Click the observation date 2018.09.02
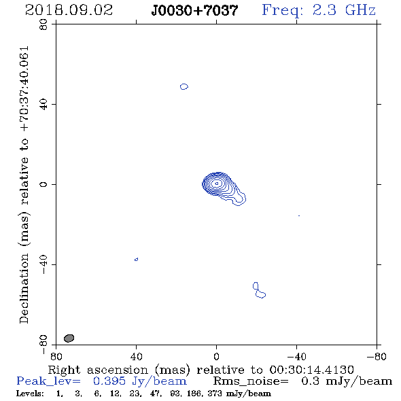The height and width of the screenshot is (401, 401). coord(69,10)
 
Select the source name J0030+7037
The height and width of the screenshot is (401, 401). coord(195,10)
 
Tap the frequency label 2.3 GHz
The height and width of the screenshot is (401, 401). coord(344,10)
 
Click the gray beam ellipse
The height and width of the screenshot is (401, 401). coord(69,338)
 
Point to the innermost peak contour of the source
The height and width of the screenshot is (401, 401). coord(217,184)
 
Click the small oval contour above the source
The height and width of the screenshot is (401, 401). coord(184,87)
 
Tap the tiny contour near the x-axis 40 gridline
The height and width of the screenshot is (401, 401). coord(137,260)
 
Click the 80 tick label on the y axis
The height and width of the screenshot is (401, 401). coord(43,24)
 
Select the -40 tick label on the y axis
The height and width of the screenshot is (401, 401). coord(43,264)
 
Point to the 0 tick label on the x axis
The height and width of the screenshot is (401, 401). coord(216,357)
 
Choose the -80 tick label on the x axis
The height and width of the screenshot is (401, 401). coord(376,357)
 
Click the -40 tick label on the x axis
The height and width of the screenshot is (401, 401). coord(296,357)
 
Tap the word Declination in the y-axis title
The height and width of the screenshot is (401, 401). coord(24,288)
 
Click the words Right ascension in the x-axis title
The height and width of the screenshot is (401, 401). coord(98,370)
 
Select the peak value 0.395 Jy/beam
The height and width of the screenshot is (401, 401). coord(139,381)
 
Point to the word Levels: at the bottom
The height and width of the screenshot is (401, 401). coord(30,393)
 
